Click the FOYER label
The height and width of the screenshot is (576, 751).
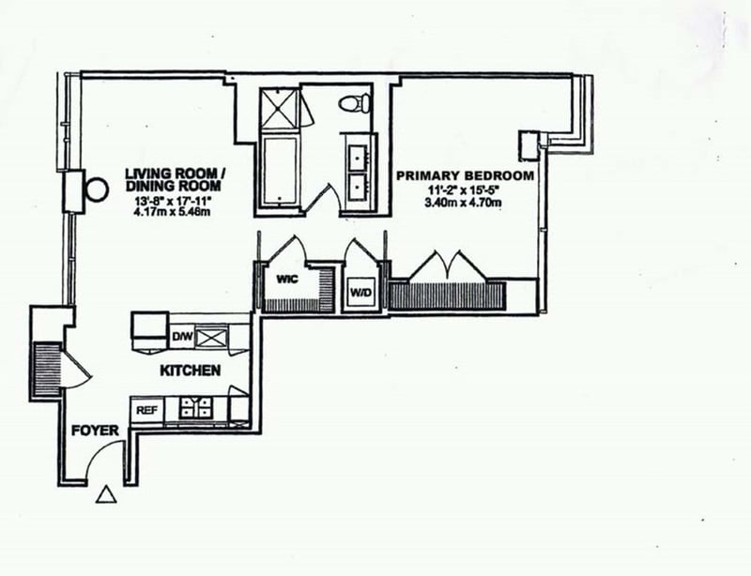click(96, 431)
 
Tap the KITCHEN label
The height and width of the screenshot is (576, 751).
click(191, 371)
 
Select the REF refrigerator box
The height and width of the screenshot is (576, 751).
click(146, 410)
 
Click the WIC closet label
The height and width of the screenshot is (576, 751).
click(286, 279)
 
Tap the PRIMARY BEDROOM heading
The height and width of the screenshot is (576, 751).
click(466, 175)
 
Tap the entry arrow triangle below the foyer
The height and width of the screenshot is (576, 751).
click(107, 494)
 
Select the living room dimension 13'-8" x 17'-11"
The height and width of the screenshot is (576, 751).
click(178, 198)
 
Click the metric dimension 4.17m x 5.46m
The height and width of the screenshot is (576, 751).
click(178, 211)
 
